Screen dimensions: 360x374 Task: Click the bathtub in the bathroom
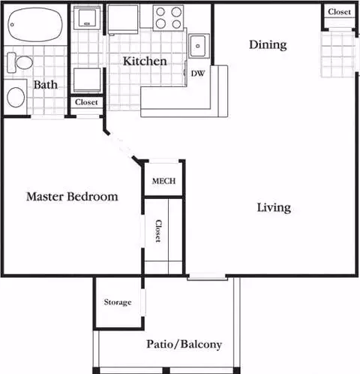(x=35, y=24)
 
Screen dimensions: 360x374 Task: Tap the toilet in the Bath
(x=19, y=62)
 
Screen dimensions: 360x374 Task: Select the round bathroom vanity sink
(x=16, y=97)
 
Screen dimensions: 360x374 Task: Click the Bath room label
(x=46, y=85)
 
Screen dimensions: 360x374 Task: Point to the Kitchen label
(x=145, y=61)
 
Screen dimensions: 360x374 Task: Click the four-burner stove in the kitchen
(x=168, y=18)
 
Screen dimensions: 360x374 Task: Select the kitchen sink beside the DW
(x=199, y=46)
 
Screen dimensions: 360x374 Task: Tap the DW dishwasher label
(x=198, y=74)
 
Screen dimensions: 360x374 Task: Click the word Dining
(x=268, y=45)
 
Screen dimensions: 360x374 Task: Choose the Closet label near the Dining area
(x=339, y=12)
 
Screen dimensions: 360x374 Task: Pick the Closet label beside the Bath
(x=86, y=102)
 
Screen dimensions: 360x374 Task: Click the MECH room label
(x=163, y=181)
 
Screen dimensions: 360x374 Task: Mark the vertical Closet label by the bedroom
(x=158, y=231)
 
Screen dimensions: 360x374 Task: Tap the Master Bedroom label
(x=72, y=197)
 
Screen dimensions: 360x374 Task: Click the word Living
(x=274, y=208)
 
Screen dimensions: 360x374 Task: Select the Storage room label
(x=118, y=302)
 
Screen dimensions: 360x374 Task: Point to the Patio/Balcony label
(x=184, y=344)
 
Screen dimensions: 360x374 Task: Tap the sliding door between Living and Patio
(x=207, y=276)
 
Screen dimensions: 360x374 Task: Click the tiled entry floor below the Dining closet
(x=337, y=54)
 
